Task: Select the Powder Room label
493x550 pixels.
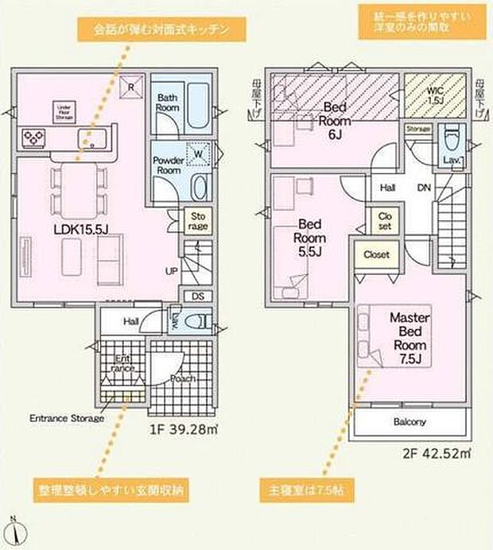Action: [168, 165]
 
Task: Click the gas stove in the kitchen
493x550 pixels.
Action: [34, 138]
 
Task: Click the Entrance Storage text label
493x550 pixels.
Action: [67, 418]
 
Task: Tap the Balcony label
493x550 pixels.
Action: [410, 422]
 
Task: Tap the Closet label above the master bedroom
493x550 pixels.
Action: [376, 255]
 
